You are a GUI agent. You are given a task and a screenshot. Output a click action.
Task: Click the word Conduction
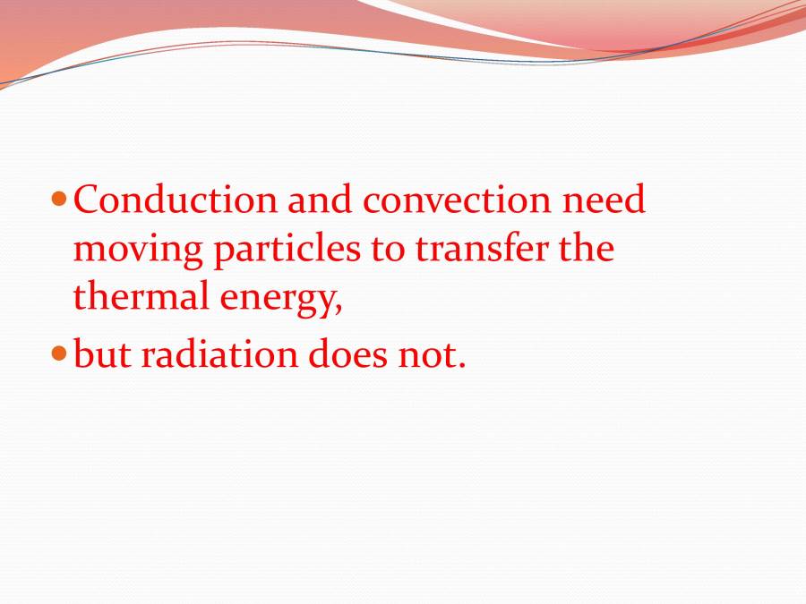coord(175,200)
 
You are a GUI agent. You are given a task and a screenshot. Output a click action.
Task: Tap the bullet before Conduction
coord(60,198)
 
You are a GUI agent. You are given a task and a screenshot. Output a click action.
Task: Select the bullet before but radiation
coord(60,353)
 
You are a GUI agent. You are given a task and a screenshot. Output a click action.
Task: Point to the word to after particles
coord(388,249)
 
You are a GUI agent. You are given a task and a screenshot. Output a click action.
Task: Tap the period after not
coord(462,365)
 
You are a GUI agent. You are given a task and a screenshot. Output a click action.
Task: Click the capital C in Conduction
coord(84,200)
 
